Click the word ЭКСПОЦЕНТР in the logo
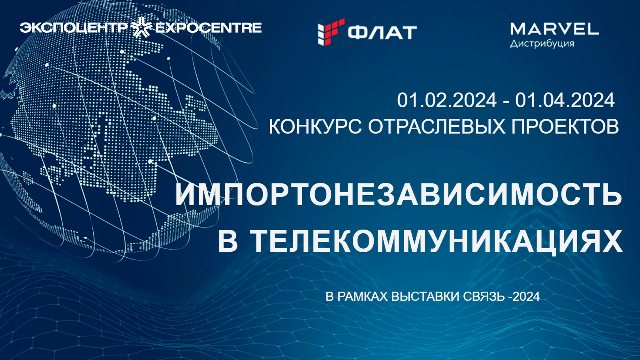[73, 28]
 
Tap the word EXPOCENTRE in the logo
[208, 28]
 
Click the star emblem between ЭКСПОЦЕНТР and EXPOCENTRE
[141, 27]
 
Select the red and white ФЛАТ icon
[331, 32]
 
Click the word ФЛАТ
[382, 32]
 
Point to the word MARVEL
[555, 29]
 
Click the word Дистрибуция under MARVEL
[542, 43]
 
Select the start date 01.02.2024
[447, 100]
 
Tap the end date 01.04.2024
[565, 100]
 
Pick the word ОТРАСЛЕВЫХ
[436, 126]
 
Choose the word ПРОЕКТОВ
[565, 126]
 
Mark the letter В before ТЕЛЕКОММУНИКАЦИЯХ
[228, 241]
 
